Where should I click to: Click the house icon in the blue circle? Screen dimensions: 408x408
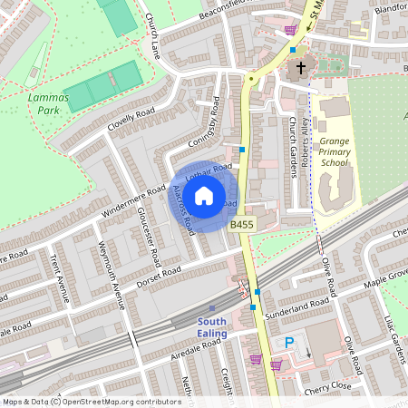pos(204,196)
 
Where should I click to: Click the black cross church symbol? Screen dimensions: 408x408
pos(300,68)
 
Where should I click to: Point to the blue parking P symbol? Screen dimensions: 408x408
pos(290,342)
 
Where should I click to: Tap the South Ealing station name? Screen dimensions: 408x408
pos(224,328)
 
